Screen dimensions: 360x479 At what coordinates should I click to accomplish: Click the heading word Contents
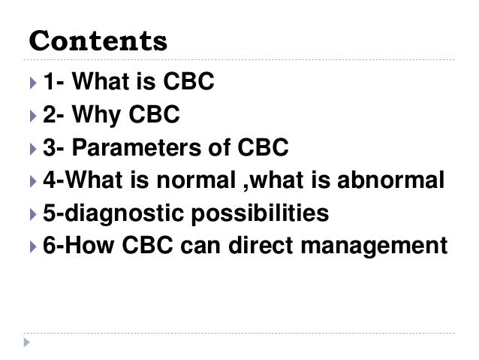98,40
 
